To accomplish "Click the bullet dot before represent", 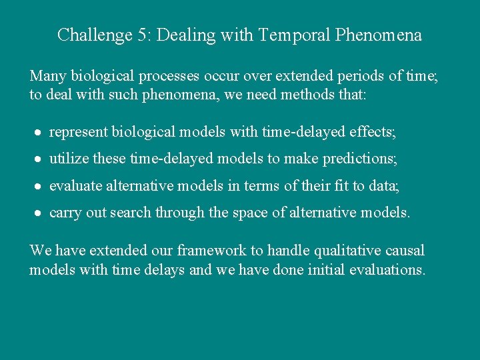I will click(38, 133).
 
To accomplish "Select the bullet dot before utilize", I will click(38, 160).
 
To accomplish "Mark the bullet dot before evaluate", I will click(38, 187).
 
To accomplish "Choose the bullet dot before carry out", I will click(38, 213).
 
